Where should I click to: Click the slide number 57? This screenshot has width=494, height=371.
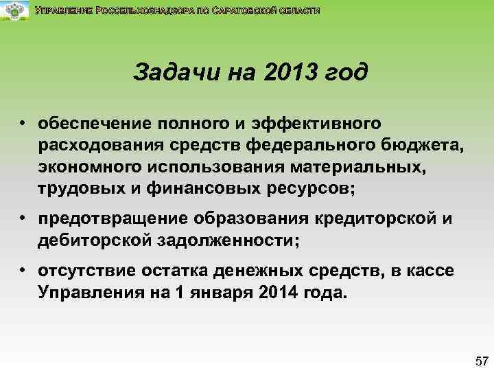pos(481,360)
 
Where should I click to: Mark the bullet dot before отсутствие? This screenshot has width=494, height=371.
pos(23,269)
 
